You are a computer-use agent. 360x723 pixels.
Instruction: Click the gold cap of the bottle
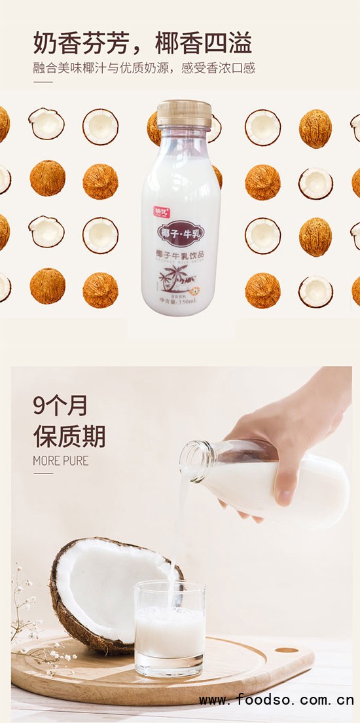click(x=183, y=112)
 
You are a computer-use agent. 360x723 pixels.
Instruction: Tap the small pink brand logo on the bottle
click(x=161, y=211)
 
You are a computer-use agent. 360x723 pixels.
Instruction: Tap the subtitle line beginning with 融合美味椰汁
click(x=144, y=68)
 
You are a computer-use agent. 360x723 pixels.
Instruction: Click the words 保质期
click(x=69, y=436)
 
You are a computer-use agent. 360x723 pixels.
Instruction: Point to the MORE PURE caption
click(x=60, y=461)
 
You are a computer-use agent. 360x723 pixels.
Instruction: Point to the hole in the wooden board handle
click(x=287, y=650)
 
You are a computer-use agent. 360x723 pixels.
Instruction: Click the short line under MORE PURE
click(x=43, y=473)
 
